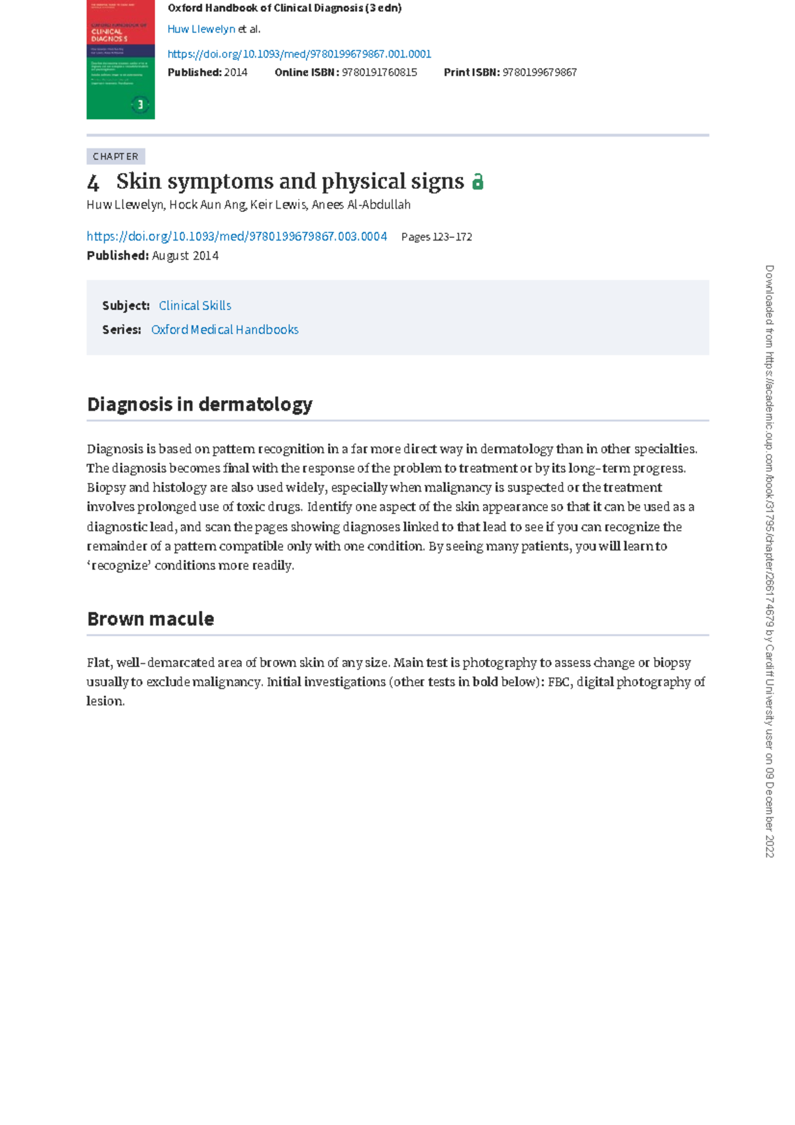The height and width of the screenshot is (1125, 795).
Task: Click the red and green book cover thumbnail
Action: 121,60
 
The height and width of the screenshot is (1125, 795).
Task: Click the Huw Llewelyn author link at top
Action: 201,29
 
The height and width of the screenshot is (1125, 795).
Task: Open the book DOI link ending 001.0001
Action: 299,54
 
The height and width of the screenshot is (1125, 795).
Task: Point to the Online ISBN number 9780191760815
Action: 379,72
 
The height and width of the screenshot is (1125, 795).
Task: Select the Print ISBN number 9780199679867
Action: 539,72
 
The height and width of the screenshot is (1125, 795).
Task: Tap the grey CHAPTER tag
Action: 115,156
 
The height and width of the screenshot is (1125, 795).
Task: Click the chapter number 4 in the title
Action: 93,182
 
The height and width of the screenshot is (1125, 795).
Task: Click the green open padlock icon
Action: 478,182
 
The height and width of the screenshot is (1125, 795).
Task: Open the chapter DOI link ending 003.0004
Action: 237,237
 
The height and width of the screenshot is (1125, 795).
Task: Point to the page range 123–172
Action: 452,237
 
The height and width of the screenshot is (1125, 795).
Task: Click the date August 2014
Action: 185,256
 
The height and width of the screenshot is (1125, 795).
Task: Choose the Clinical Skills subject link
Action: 195,305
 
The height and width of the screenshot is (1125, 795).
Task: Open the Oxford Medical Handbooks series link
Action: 225,330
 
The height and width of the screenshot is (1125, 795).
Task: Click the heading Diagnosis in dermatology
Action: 199,404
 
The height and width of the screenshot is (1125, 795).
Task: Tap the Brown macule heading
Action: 150,619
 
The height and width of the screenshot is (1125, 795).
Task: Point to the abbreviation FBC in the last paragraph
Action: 558,682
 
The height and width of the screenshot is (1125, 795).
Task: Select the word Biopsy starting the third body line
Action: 106,488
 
